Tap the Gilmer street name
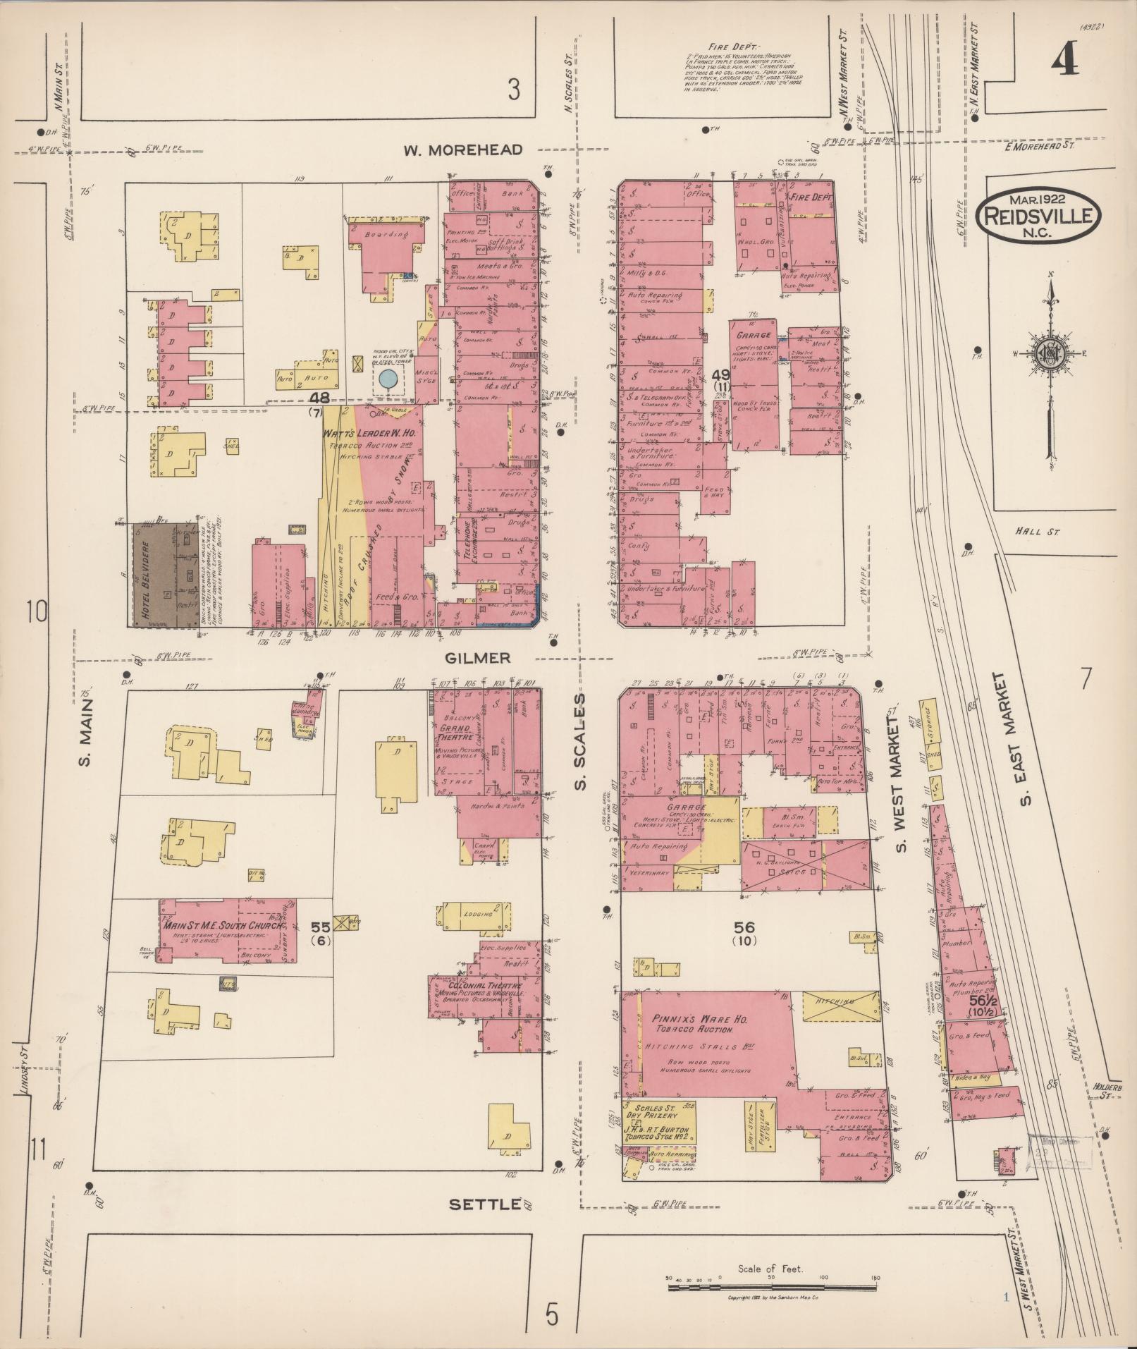477,658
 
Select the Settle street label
485,1205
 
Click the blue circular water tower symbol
387,379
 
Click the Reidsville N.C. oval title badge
1038,216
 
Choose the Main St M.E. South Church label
224,925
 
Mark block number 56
744,926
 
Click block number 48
320,398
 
